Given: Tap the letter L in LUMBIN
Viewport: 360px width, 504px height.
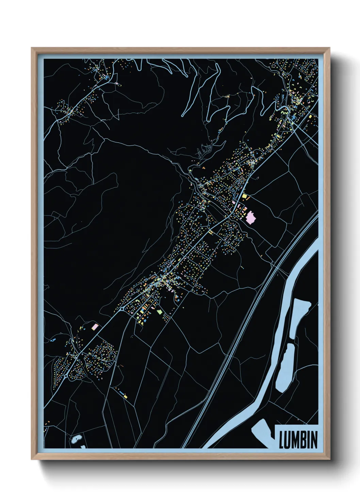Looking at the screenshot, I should coord(281,440).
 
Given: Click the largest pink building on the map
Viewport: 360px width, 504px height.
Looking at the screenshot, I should coord(251,217).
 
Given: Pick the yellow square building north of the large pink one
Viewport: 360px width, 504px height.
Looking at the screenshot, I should coord(244,196).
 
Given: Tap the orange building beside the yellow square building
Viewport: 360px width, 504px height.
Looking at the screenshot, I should coord(248,198).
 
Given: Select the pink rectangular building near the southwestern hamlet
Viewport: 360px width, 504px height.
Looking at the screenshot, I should coord(95,326).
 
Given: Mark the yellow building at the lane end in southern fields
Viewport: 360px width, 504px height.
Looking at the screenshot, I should coord(125,396).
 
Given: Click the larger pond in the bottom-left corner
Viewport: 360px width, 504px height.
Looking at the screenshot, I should coord(77,439).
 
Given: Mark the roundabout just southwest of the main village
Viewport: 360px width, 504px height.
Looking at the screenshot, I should coord(122,309).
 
